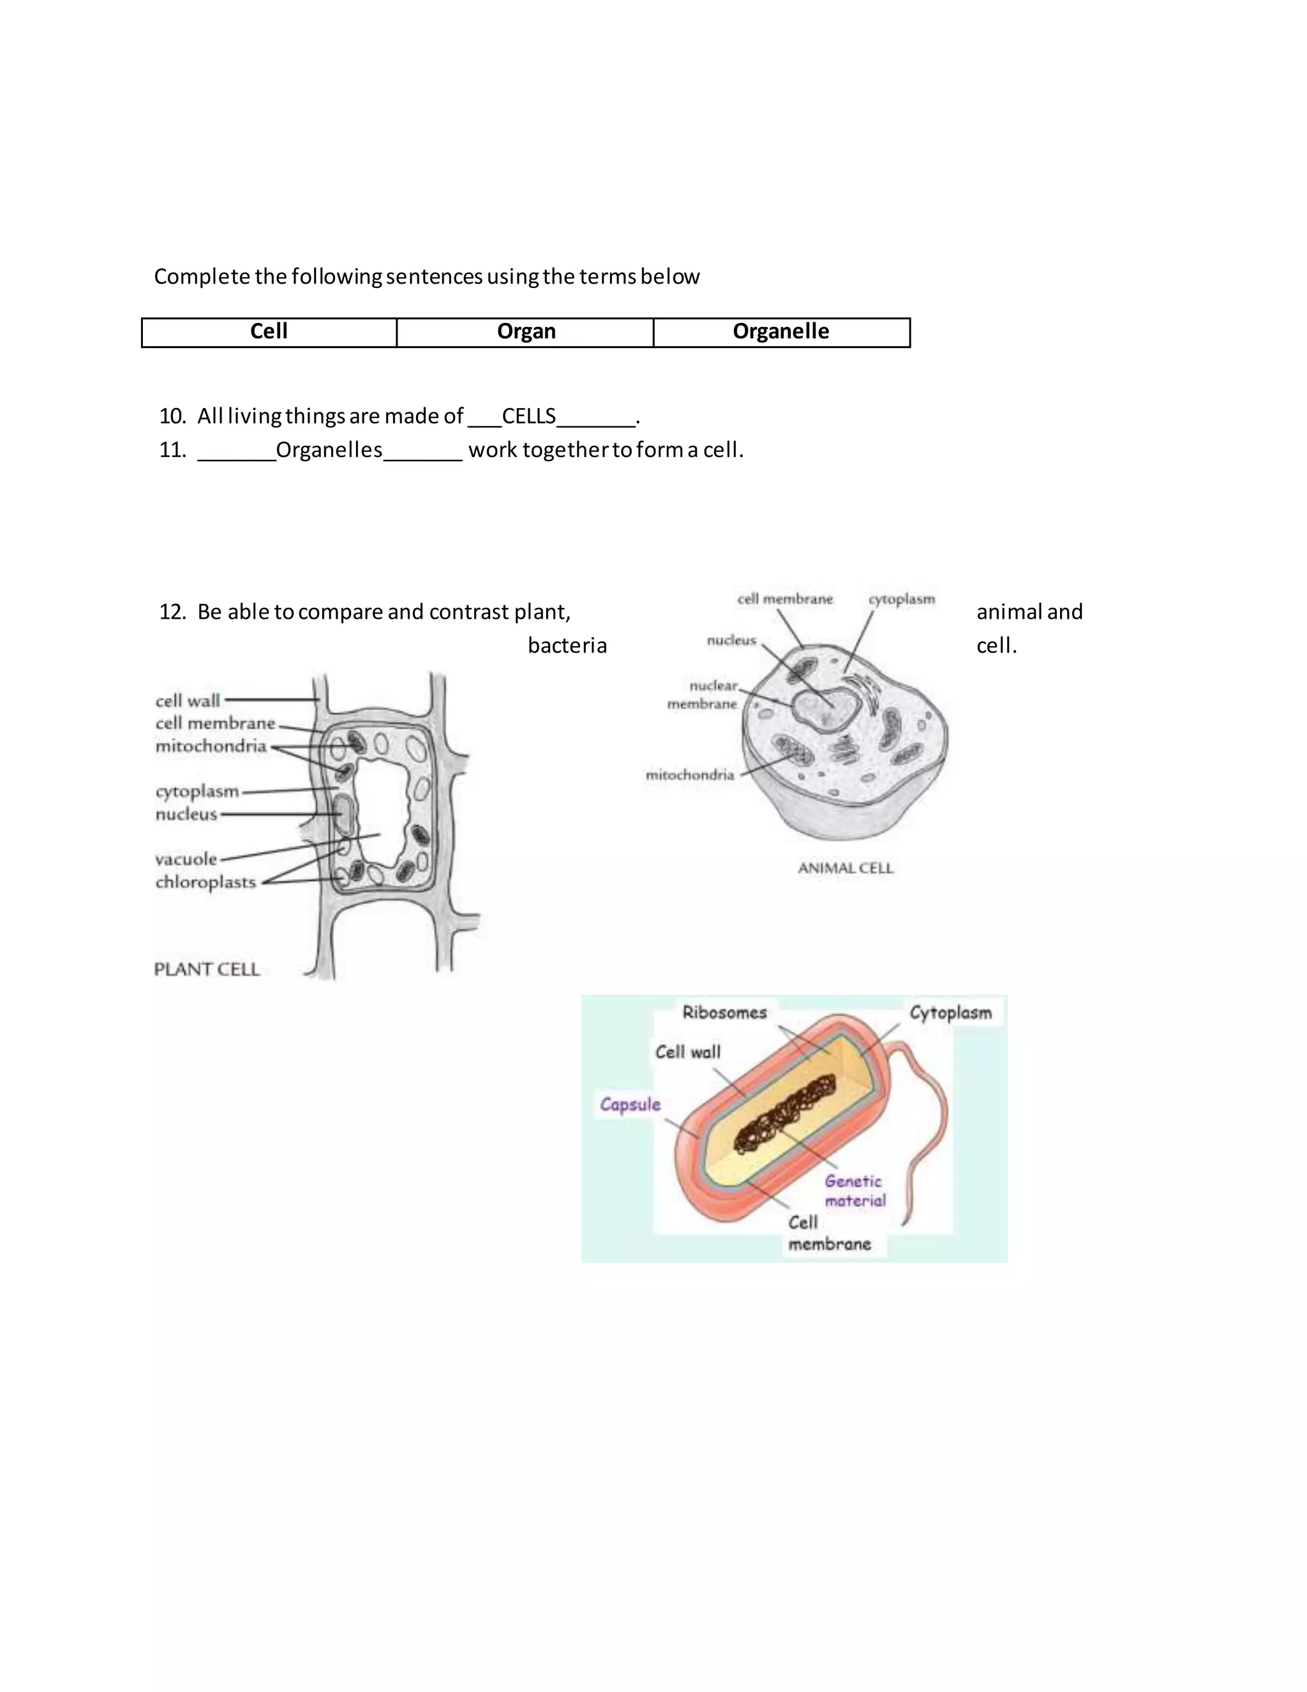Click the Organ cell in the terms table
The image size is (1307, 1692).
pos(526,331)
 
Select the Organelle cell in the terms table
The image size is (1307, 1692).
pos(780,331)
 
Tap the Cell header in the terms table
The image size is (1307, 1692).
pos(269,331)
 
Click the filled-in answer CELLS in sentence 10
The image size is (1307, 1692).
pos(529,417)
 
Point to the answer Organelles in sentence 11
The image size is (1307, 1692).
pos(329,450)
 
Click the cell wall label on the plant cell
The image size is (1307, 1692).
pos(188,700)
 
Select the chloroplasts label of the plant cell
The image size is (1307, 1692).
pos(205,882)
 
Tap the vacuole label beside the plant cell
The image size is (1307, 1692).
pos(186,858)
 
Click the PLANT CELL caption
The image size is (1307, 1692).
pos(207,969)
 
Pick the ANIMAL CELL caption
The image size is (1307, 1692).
pos(846,868)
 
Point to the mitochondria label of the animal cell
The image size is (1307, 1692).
pos(690,774)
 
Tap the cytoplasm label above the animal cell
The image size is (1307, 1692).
pos(901,599)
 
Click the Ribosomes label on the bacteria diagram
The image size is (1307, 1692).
pos(724,1013)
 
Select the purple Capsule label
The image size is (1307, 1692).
pos(631,1104)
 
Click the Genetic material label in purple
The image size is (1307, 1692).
pos(854,1191)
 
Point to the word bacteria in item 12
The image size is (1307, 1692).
pos(567,646)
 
